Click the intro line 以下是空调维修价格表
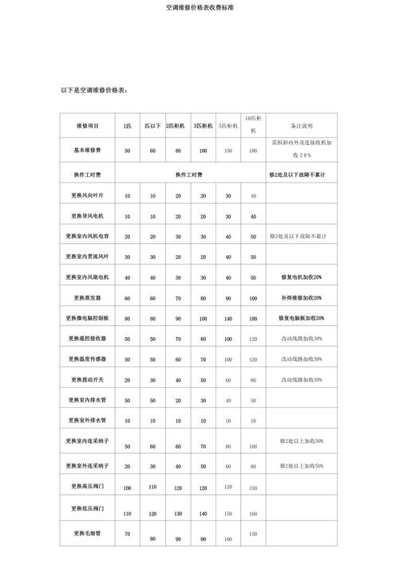coord(93,90)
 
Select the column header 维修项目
coord(88,126)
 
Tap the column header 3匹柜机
coord(203,126)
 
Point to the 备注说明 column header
coord(302,126)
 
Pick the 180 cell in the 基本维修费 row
coord(253,151)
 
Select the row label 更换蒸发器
coord(88,297)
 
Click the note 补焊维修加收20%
coord(302,297)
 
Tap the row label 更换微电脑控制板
coord(88,318)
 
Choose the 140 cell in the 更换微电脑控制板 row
coord(228,319)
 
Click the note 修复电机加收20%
coord(302,277)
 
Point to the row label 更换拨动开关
coord(88,379)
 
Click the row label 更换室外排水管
coord(88,419)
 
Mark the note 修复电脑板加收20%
coord(302,318)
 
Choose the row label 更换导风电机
coord(88,216)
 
